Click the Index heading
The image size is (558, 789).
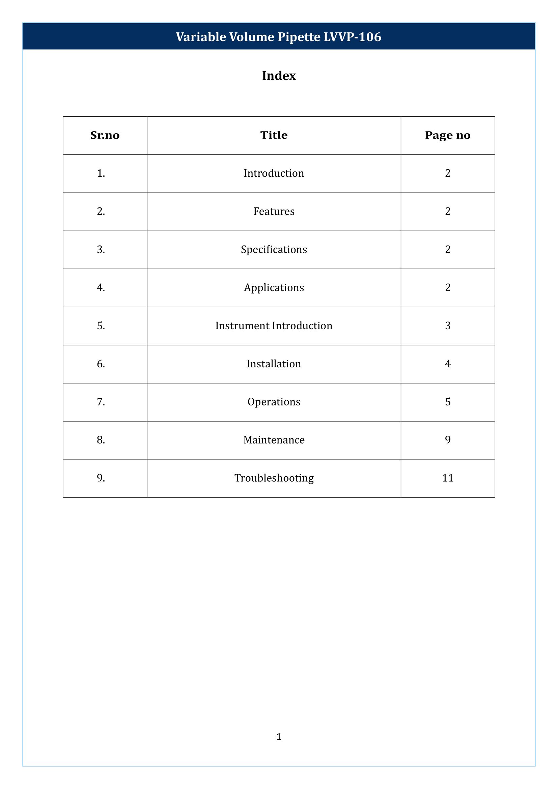click(279, 76)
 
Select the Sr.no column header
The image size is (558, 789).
click(105, 135)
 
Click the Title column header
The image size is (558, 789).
click(274, 135)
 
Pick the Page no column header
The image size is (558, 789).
click(447, 135)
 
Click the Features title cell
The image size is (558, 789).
click(274, 212)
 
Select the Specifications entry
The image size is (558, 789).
click(274, 250)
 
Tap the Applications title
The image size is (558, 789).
click(274, 288)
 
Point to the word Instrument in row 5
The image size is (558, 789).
click(242, 326)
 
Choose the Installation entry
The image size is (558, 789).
click(274, 364)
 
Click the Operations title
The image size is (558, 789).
click(274, 402)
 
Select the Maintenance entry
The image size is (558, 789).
click(274, 440)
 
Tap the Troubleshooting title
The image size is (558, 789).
click(274, 478)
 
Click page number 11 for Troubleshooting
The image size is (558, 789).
click(448, 478)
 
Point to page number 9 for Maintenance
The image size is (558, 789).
click(448, 440)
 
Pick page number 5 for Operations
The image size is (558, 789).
click(448, 402)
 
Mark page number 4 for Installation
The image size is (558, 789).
click(448, 364)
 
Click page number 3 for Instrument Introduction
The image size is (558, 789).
click(448, 326)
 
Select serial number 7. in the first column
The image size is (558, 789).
click(101, 402)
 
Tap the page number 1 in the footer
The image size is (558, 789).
click(279, 736)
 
